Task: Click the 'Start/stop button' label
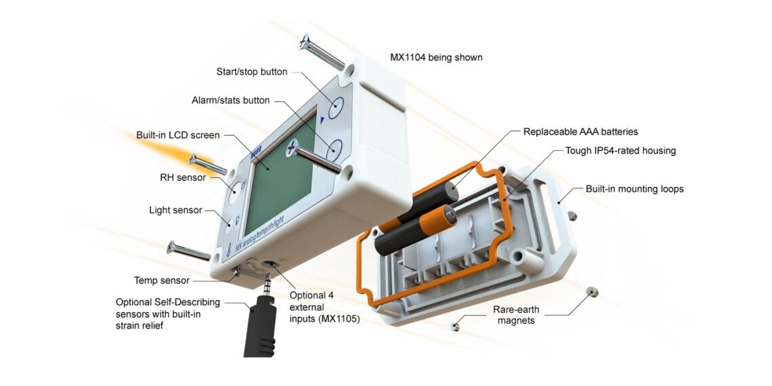coord(251,72)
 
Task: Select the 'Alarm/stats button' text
coord(230,100)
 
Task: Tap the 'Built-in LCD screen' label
coord(177,135)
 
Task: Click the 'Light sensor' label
coord(175,210)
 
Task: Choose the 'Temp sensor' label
coord(161,280)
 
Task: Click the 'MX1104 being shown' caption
coord(436,58)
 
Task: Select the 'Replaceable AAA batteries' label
coord(580,131)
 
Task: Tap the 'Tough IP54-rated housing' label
coord(620,150)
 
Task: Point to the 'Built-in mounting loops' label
coord(635,189)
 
